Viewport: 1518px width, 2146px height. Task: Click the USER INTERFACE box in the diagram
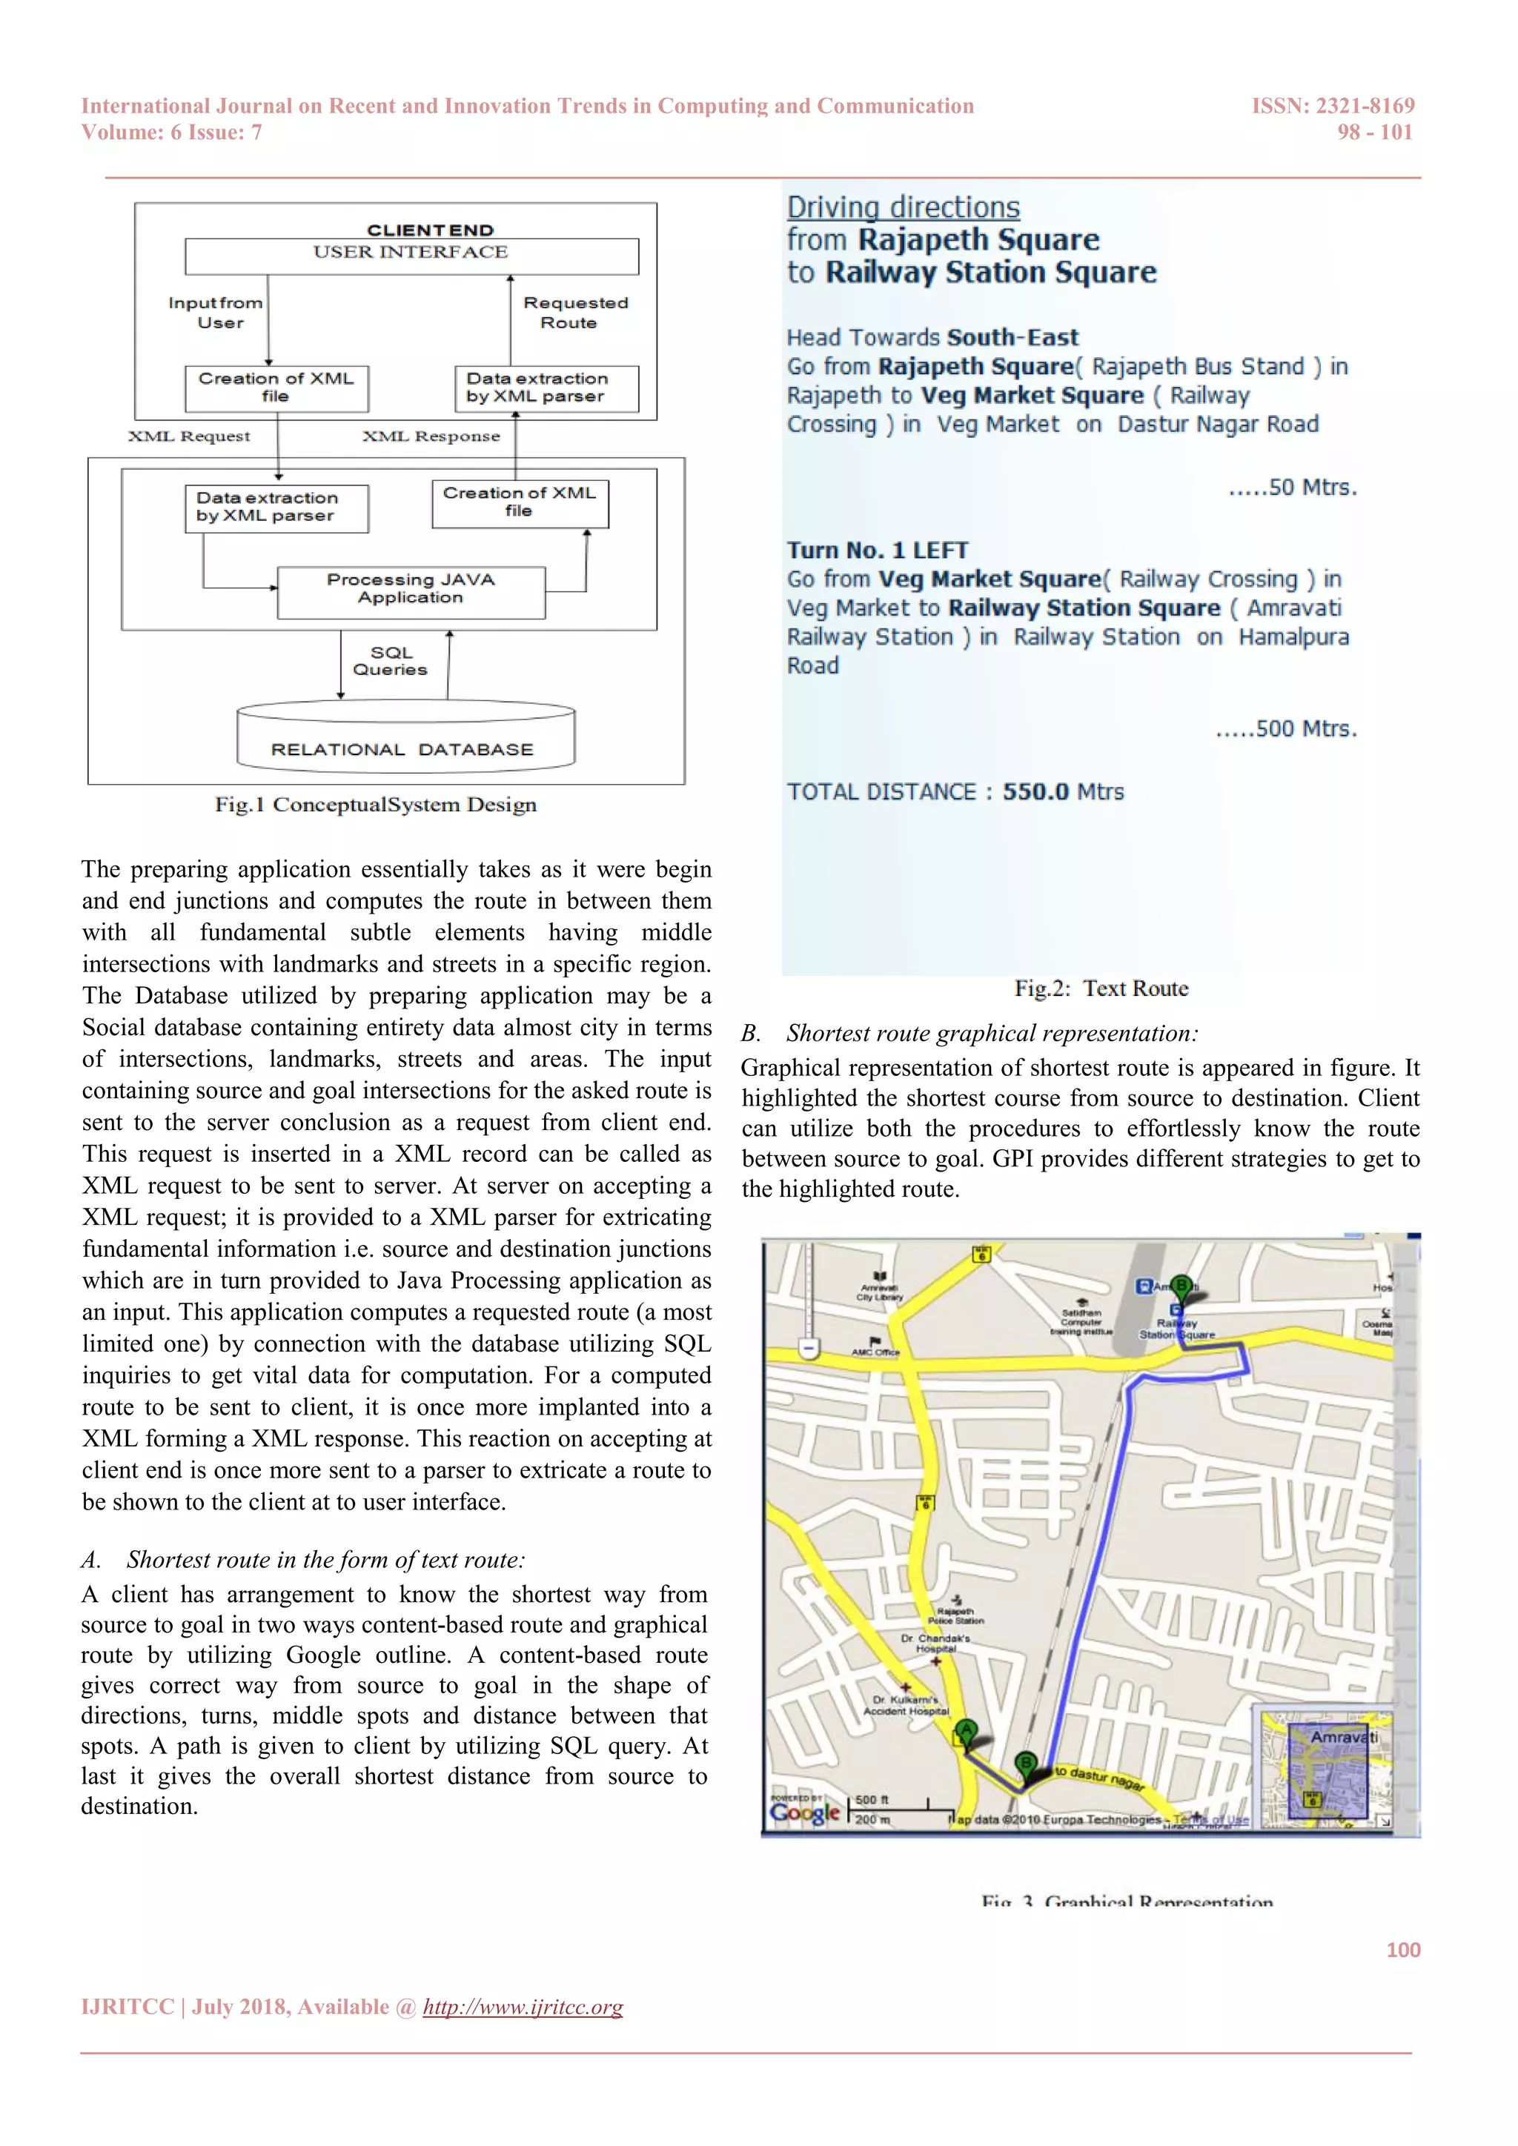pos(411,254)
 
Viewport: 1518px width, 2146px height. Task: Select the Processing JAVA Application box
pos(411,591)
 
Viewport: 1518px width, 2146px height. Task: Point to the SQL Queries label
pos(391,661)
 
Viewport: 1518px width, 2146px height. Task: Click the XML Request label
pos(190,436)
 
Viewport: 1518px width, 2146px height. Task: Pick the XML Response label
pos(431,436)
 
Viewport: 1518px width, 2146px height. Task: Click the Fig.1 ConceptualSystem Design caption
pos(376,805)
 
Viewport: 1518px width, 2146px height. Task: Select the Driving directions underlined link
pos(903,207)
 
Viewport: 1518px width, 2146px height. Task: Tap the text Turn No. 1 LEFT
pos(877,550)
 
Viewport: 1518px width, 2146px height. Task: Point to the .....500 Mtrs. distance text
pos(1286,729)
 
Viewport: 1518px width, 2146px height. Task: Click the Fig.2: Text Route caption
pos(1101,989)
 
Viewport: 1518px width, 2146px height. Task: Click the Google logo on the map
pos(805,1813)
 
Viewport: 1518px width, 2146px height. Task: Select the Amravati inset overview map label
pos(1343,1737)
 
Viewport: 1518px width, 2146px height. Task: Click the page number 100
pos(1403,1950)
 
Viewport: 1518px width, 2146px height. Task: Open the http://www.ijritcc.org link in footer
pos(523,2007)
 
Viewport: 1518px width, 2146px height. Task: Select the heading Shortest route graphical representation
pos(991,1034)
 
